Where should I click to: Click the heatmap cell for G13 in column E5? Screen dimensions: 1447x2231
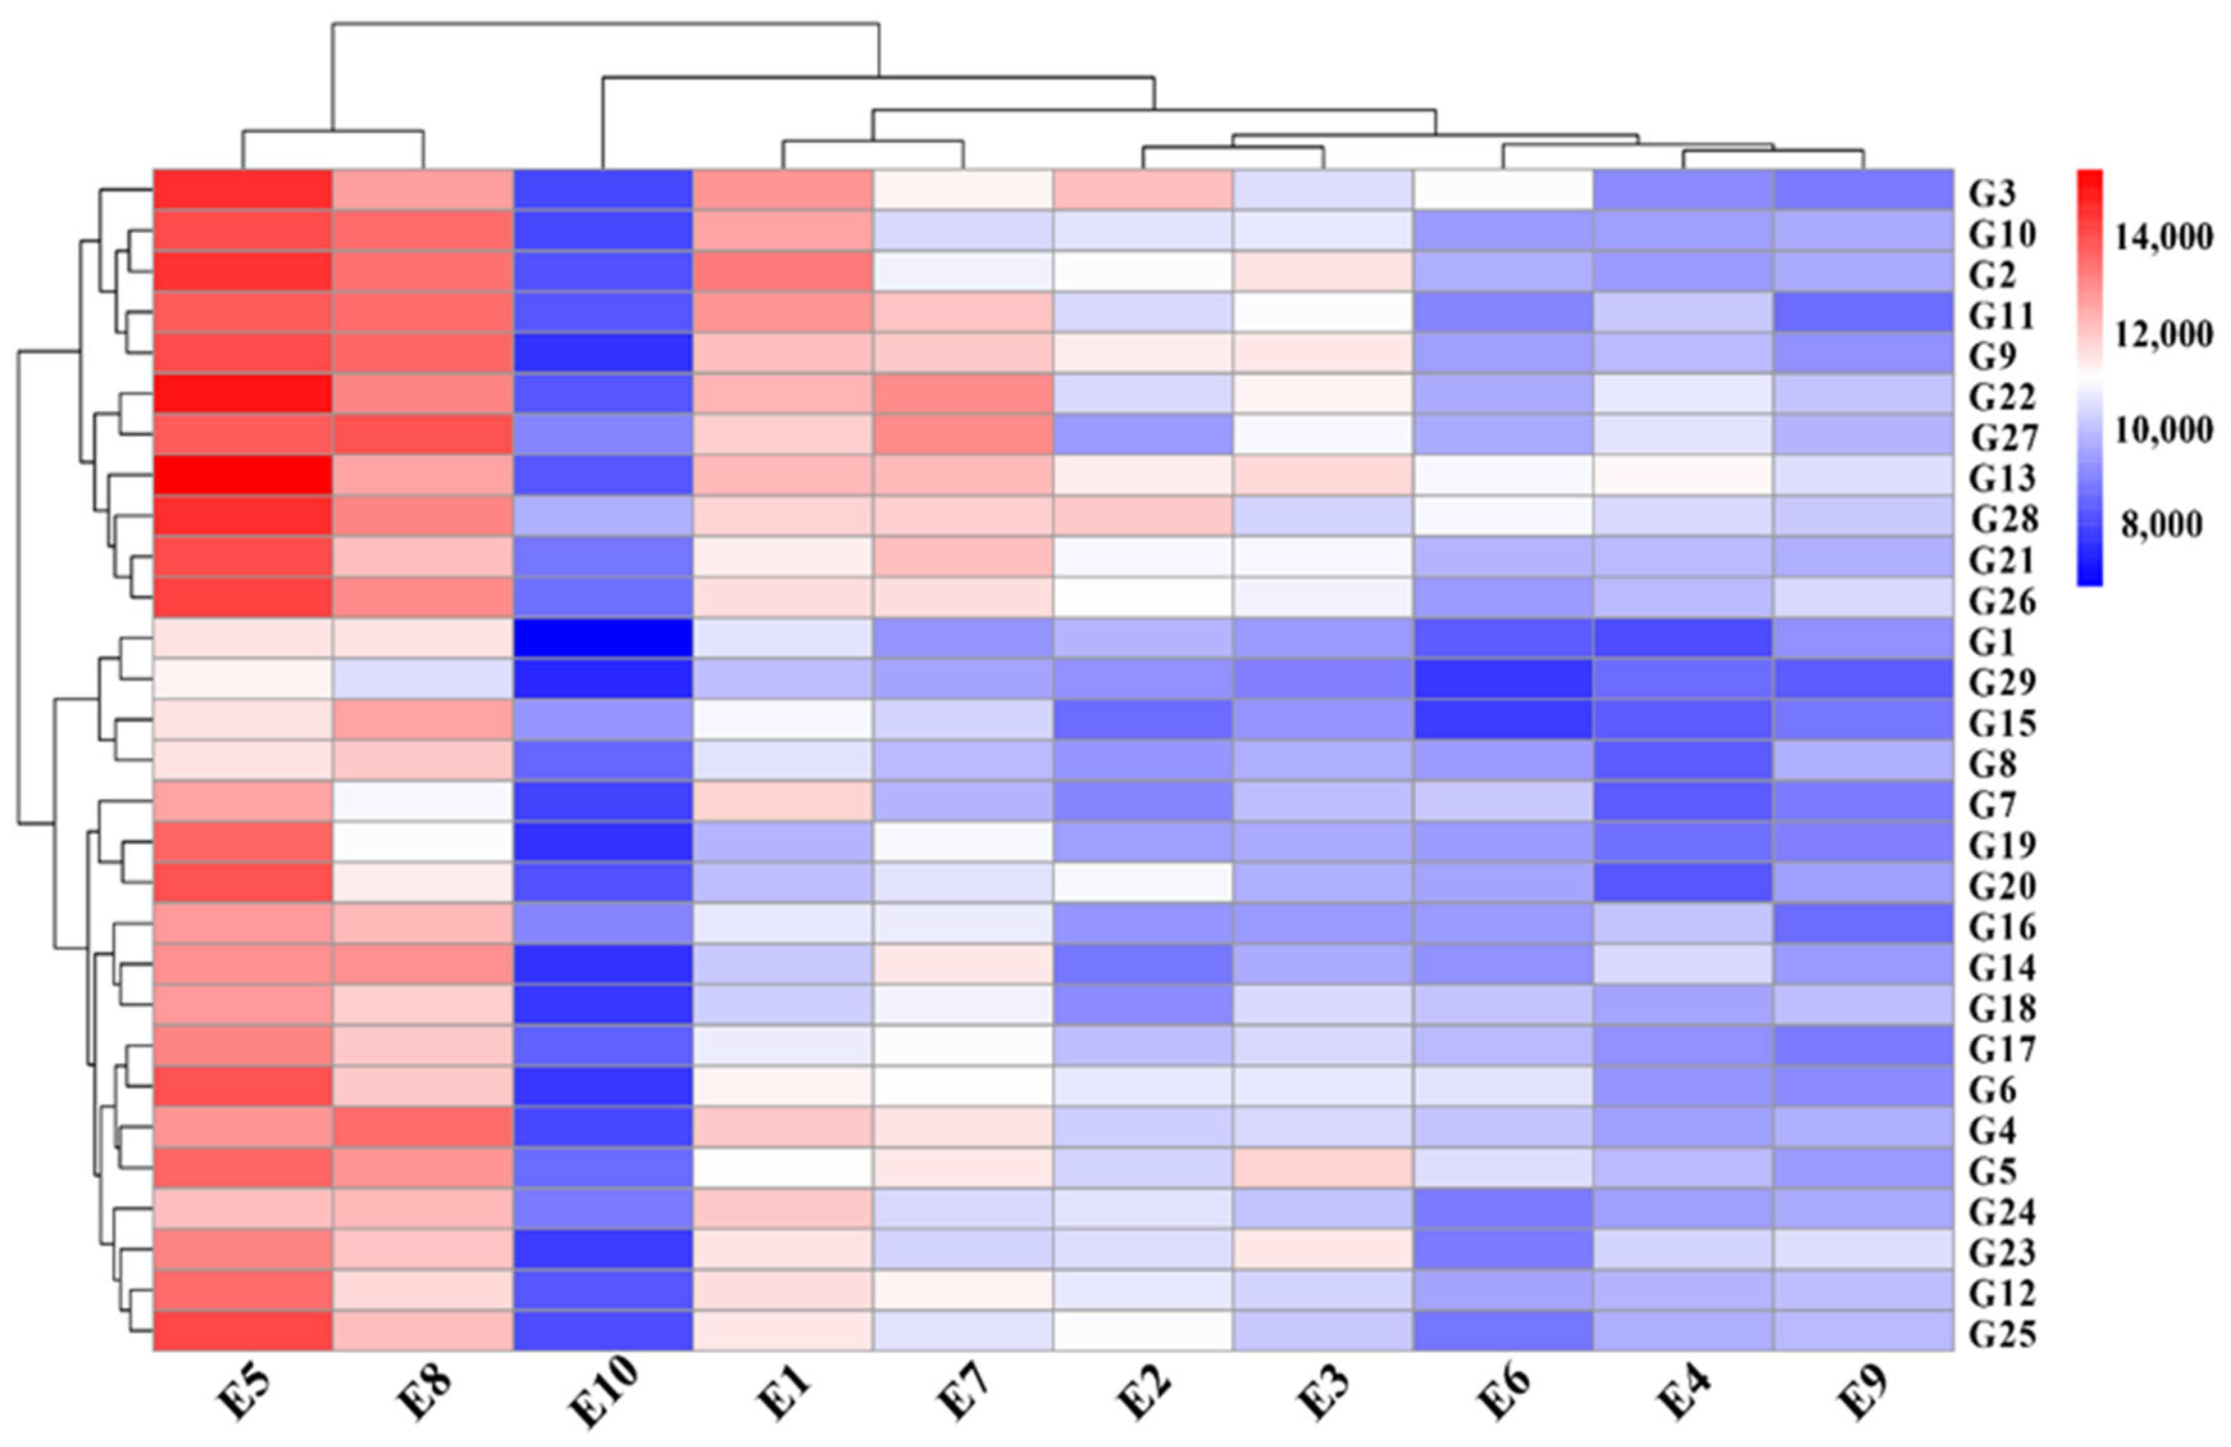(x=243, y=475)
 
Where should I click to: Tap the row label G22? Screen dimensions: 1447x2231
(x=2001, y=398)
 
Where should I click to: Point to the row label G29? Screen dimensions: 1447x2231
(x=2001, y=682)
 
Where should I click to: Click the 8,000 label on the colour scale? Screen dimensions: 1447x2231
(x=2162, y=526)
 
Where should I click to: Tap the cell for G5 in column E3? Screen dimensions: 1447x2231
(x=1323, y=1168)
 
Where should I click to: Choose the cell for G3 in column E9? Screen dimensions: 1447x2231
(x=1863, y=190)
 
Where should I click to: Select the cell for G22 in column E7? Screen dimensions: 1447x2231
(x=963, y=394)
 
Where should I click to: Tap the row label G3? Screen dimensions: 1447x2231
(x=1992, y=193)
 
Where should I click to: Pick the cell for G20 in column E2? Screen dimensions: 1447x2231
(x=1143, y=882)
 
